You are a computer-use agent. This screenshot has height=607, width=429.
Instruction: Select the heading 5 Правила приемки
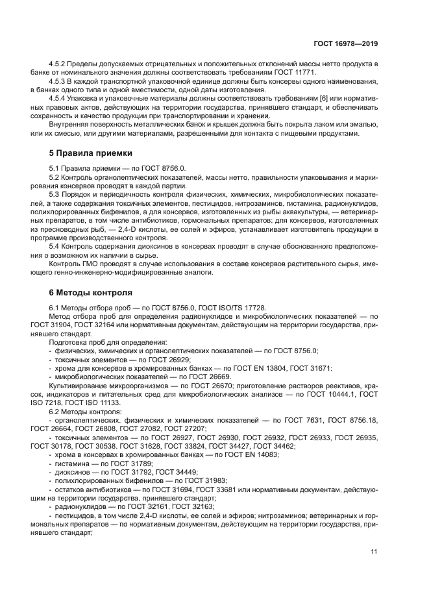91,153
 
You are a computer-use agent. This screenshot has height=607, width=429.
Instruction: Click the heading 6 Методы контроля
91,292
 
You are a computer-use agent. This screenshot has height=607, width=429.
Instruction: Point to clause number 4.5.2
58,63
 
